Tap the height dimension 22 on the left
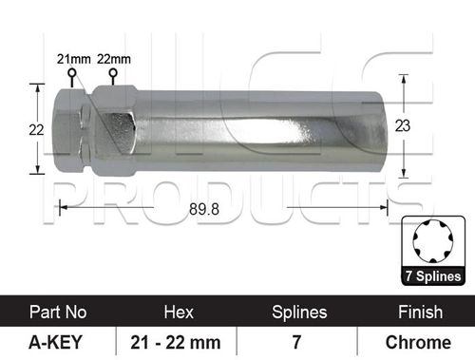(x=22, y=130)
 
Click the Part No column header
(x=58, y=312)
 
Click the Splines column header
(x=299, y=312)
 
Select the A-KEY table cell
(x=58, y=341)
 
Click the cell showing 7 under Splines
(x=299, y=341)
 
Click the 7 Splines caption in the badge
(x=434, y=276)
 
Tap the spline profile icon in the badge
(x=434, y=243)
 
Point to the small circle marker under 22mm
(x=113, y=72)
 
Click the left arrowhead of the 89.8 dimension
(x=63, y=207)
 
